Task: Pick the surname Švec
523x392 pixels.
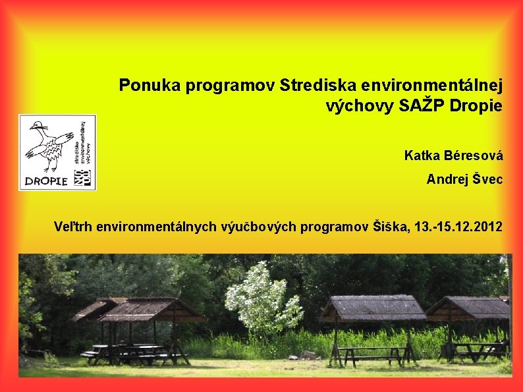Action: pyautogui.click(x=488, y=179)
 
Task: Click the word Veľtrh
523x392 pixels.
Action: pyautogui.click(x=73, y=227)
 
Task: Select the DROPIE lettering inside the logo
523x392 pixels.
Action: pyautogui.click(x=45, y=181)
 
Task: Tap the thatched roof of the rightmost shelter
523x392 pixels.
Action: pyautogui.click(x=469, y=307)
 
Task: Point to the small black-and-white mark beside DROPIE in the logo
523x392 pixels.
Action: pyautogui.click(x=83, y=177)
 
